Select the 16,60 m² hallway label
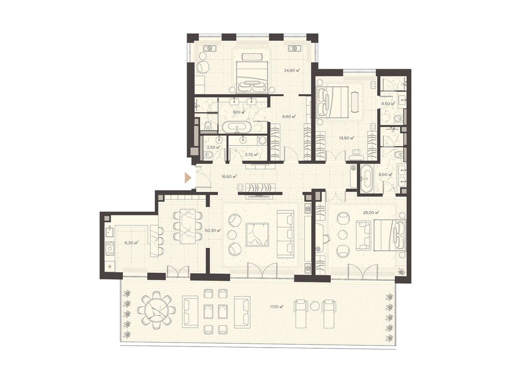tap(229, 176)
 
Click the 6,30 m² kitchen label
tap(130, 242)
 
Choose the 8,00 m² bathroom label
tap(385, 175)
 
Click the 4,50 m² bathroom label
tap(388, 104)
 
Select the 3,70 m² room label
tap(251, 155)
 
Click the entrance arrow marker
tap(188, 177)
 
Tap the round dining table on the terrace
tap(157, 311)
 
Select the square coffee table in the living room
tap(257, 234)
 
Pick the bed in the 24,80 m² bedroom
tap(252, 75)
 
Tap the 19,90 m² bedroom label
tap(345, 138)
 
